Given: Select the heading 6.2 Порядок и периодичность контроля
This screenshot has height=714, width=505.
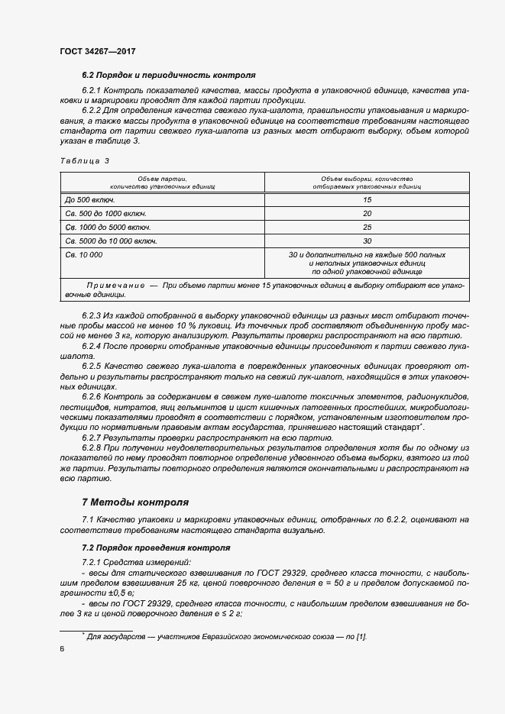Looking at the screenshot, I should pyautogui.click(x=168, y=76).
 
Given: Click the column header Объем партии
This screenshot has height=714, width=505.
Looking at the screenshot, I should pyautogui.click(x=163, y=181).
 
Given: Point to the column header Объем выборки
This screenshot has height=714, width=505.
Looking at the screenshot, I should pyautogui.click(x=367, y=181).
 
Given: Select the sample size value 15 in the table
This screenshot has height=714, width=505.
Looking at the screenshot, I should pyautogui.click(x=367, y=199).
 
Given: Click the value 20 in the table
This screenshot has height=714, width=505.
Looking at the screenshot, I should pyautogui.click(x=367, y=213).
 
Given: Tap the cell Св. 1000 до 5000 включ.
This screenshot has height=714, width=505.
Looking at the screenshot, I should pyautogui.click(x=108, y=227).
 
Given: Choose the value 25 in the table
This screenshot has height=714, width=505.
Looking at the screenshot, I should pyautogui.click(x=367, y=227).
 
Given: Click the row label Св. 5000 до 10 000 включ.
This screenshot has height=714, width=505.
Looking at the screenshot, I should pyautogui.click(x=111, y=241).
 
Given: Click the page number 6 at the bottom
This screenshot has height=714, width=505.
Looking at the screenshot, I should pyautogui.click(x=62, y=649).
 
